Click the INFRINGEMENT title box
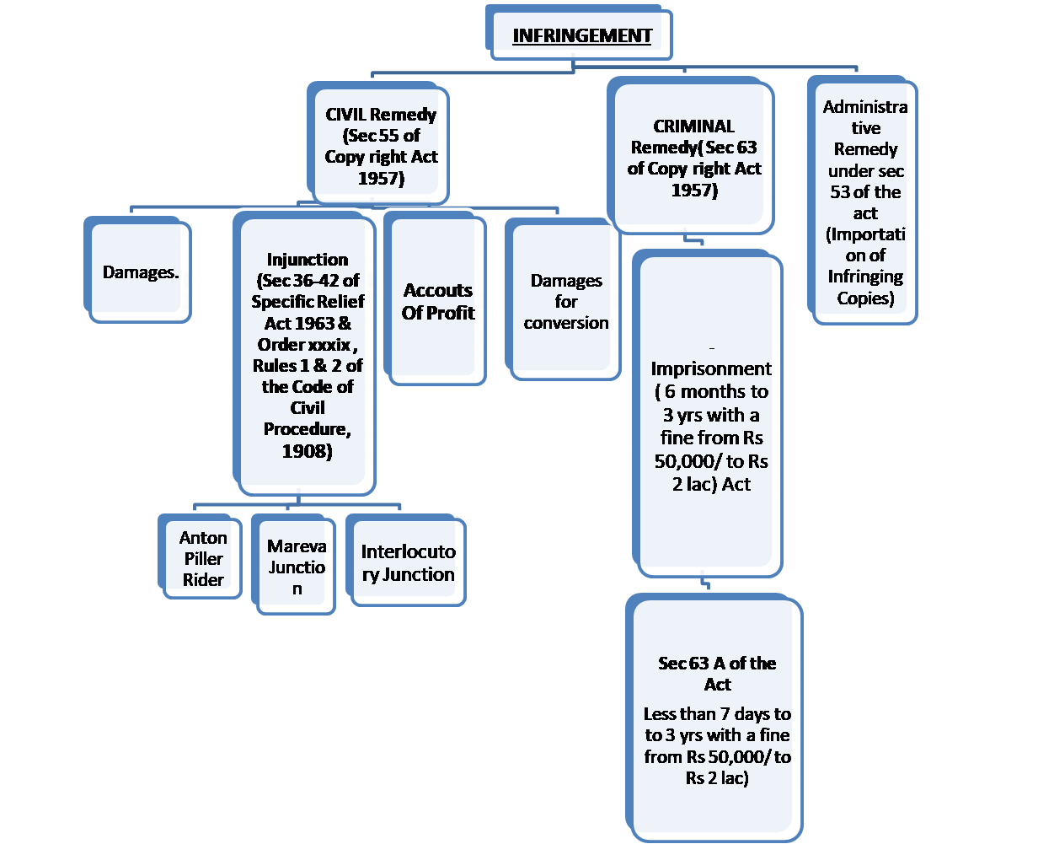pos(582,35)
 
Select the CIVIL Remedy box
pos(381,146)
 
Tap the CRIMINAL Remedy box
pos(693,158)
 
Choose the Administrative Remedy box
pos(865,202)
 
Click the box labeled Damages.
pos(141,272)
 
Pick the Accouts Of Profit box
pos(438,301)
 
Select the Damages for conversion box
pos(566,301)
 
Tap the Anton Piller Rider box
pos(203,558)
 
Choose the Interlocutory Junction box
pos(408,562)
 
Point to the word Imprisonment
pos(711,368)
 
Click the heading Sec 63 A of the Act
pos(717,673)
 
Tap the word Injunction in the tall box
pos(308,259)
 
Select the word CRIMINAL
pos(693,126)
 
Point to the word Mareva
pos(297,546)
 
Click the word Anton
pos(203,537)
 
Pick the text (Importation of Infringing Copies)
pos(865,266)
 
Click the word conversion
pos(566,322)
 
